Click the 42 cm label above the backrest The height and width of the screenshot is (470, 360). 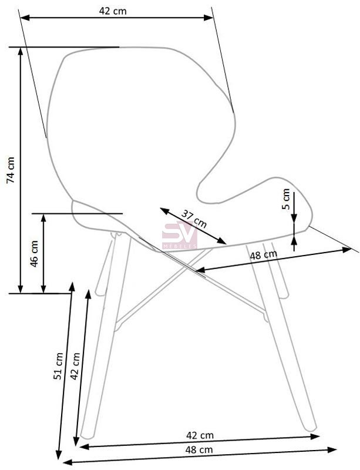coord(113,11)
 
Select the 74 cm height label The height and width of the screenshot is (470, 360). coord(11,170)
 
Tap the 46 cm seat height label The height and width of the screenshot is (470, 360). coord(34,254)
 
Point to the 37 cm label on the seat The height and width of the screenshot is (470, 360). coord(194,219)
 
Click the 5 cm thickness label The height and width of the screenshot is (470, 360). coord(286,199)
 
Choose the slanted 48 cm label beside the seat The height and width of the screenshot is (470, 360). coord(264,255)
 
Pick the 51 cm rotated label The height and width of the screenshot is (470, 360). coord(59,366)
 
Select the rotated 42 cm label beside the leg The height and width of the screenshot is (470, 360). coord(75,366)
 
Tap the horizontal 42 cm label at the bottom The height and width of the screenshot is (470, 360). coord(200,435)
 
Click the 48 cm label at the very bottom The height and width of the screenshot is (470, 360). coord(199,449)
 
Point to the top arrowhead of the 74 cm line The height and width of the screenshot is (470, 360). coord(21,52)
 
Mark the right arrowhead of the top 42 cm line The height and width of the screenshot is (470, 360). coord(208,18)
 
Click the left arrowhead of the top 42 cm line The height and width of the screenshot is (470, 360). coord(25,18)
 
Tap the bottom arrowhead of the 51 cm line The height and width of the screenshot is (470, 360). coord(59,454)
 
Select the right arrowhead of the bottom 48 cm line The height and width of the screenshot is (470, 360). coord(332,449)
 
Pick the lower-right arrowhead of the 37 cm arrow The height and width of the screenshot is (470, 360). coord(222,241)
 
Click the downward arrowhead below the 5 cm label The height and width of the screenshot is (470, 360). coord(294,218)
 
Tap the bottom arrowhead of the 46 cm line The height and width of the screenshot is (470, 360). coord(43,288)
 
